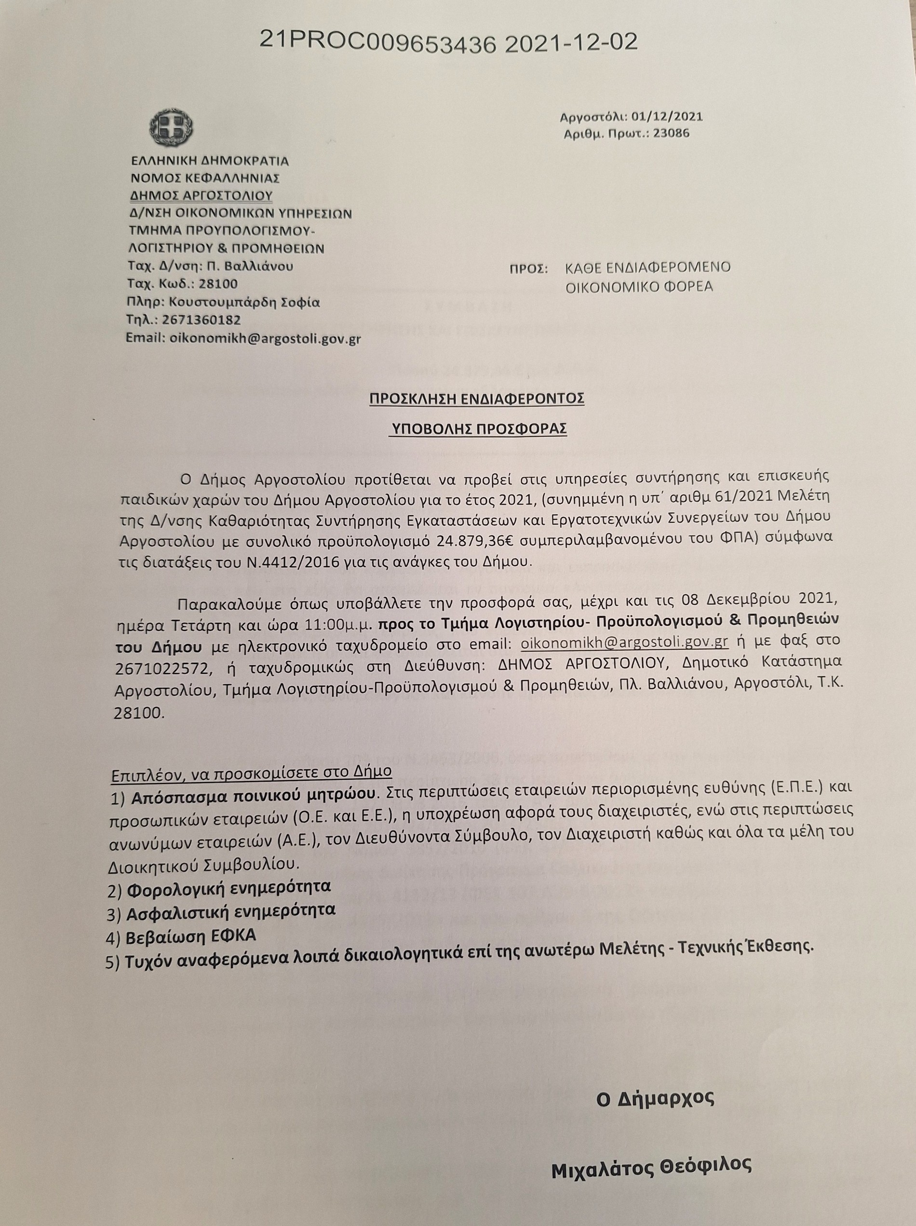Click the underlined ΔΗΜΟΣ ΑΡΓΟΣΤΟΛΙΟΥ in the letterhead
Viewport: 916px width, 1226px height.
click(201, 196)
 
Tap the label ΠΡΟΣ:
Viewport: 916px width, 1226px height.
click(528, 269)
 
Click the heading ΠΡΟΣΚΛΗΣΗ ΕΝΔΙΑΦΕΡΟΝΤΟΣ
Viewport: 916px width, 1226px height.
click(477, 399)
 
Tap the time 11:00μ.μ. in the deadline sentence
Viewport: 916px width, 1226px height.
click(338, 623)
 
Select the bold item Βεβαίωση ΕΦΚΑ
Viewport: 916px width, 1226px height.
click(191, 935)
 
